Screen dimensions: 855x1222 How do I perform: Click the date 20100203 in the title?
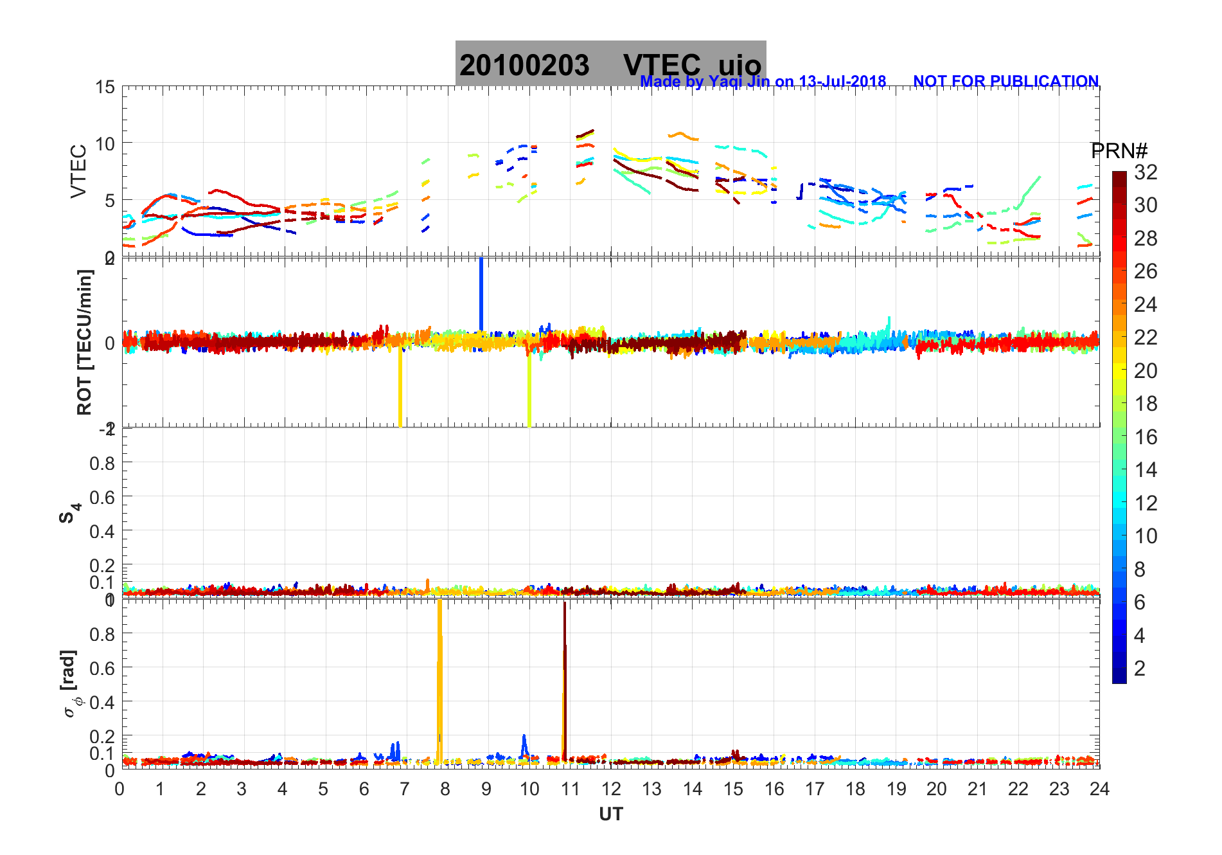coord(524,66)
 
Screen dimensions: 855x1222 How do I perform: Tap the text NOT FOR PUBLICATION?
coord(1005,82)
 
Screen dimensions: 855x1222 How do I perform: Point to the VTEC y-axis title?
coord(78,171)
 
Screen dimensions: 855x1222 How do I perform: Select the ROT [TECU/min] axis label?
coord(84,342)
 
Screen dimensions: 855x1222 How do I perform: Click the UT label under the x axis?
coord(610,815)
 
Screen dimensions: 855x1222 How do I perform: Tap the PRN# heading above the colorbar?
coord(1119,151)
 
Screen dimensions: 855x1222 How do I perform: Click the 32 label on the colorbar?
coord(1146,172)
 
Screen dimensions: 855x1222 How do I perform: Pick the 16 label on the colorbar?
coord(1146,437)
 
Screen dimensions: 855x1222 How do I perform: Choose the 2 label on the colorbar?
coord(1140,669)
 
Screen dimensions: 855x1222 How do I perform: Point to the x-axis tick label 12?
coord(611,789)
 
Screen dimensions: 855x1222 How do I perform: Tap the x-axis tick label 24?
coord(1099,789)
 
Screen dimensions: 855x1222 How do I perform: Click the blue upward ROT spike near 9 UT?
coord(481,292)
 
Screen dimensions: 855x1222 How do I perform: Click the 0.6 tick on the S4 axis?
coord(103,497)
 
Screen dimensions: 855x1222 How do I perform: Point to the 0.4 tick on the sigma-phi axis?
coord(103,702)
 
